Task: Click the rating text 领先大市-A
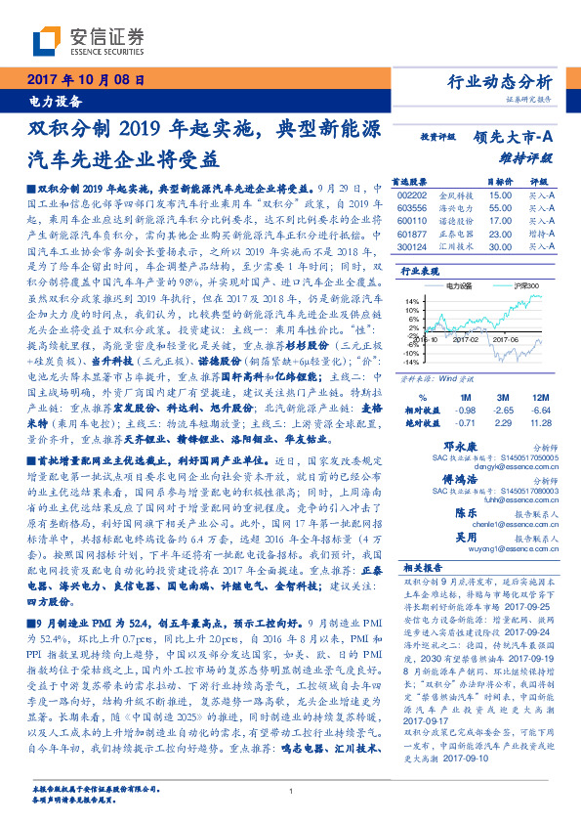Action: [x=515, y=138]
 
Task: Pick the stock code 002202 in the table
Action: [x=414, y=195]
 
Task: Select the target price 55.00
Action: [x=499, y=208]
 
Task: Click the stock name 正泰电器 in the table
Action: [x=455, y=235]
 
